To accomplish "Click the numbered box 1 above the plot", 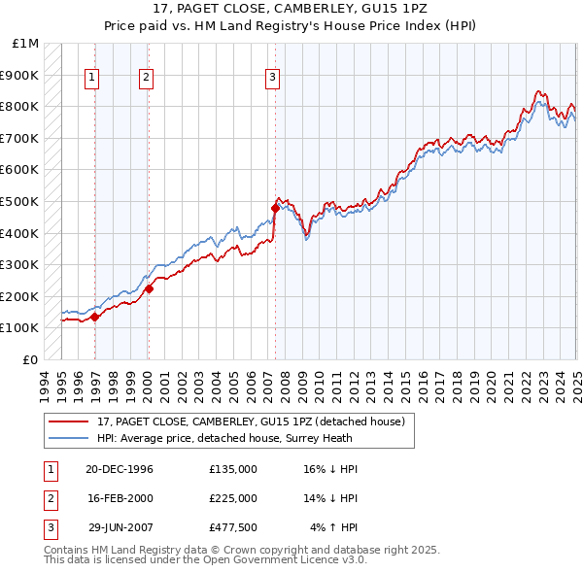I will point(92,79).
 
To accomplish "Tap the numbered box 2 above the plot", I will point(146,79).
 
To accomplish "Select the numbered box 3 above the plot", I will point(273,79).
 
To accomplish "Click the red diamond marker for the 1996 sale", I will point(95,317).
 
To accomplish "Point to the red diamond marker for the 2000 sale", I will point(149,288).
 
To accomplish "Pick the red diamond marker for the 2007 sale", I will point(275,208).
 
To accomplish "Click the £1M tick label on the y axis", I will point(25,44).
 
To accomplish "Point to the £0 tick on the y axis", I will point(31,359).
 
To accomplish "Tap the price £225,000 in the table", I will point(233,497).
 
